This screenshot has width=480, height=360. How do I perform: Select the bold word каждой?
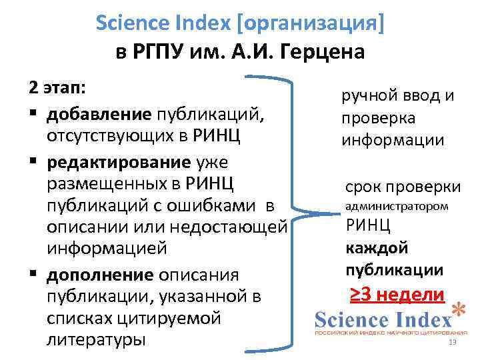377,248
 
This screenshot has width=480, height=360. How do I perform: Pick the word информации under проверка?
392,141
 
